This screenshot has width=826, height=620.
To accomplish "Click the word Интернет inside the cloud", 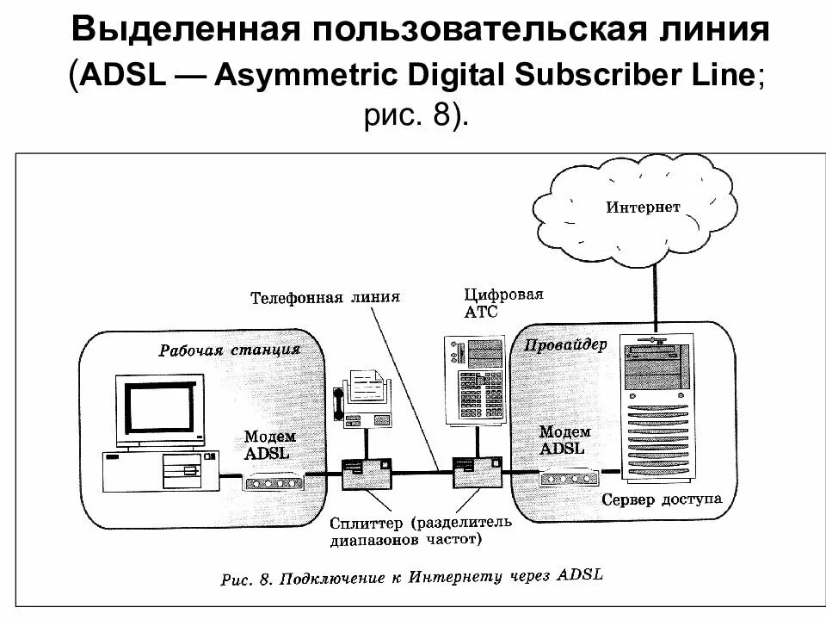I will point(644,207).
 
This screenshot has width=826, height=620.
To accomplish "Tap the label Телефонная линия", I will point(325,298).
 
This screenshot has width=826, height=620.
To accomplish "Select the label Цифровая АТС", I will point(503,303).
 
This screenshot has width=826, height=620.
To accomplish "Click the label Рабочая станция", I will point(229,350).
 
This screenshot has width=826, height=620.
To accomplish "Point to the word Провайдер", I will point(564,344).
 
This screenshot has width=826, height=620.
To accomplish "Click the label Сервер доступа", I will point(662,499).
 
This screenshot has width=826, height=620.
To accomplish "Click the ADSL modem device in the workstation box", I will point(274,480).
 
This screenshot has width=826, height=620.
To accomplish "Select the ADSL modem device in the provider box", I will point(569,476).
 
